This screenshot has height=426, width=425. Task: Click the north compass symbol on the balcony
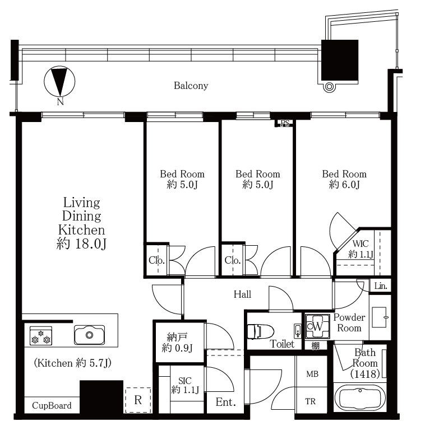[59, 82]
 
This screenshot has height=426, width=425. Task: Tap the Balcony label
[191, 86]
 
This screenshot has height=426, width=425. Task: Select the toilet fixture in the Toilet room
[260, 331]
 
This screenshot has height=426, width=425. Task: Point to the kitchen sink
[89, 335]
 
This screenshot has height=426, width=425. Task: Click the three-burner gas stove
[41, 336]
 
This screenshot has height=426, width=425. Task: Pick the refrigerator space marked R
[138, 400]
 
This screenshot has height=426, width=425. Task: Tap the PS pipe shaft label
[285, 124]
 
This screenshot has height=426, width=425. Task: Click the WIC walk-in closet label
[361, 244]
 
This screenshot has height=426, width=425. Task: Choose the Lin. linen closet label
[381, 286]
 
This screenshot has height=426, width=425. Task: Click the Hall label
[242, 294]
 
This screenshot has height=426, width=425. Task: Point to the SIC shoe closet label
[185, 380]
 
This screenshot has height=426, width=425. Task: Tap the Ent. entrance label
[225, 402]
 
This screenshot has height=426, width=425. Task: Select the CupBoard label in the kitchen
[52, 405]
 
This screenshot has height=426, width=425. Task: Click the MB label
[312, 374]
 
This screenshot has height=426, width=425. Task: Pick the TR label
[310, 401]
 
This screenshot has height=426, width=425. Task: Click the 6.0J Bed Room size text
[344, 185]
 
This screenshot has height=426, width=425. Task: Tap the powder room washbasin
[380, 317]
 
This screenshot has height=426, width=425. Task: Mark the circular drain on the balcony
[329, 87]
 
